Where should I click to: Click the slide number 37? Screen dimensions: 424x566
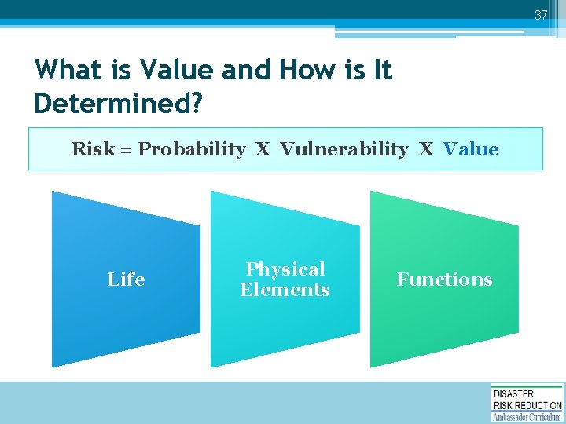[541, 15]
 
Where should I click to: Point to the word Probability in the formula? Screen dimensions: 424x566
[192, 149]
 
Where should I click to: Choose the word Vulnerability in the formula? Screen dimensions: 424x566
[344, 149]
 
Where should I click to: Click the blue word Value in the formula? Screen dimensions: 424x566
[470, 149]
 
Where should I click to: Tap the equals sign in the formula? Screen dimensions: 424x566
[126, 150]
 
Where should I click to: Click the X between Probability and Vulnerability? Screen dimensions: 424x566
[263, 149]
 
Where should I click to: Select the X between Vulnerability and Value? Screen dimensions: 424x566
[426, 149]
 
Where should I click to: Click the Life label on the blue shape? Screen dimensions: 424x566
[126, 280]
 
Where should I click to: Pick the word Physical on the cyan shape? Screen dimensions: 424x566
[285, 269]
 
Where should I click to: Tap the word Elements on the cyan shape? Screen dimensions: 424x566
[285, 290]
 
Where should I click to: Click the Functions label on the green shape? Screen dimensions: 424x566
[444, 280]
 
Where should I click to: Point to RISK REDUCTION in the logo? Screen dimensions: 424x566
[527, 405]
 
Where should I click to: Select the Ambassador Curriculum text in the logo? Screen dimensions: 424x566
[527, 416]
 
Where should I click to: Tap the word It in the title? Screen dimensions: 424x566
[381, 71]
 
